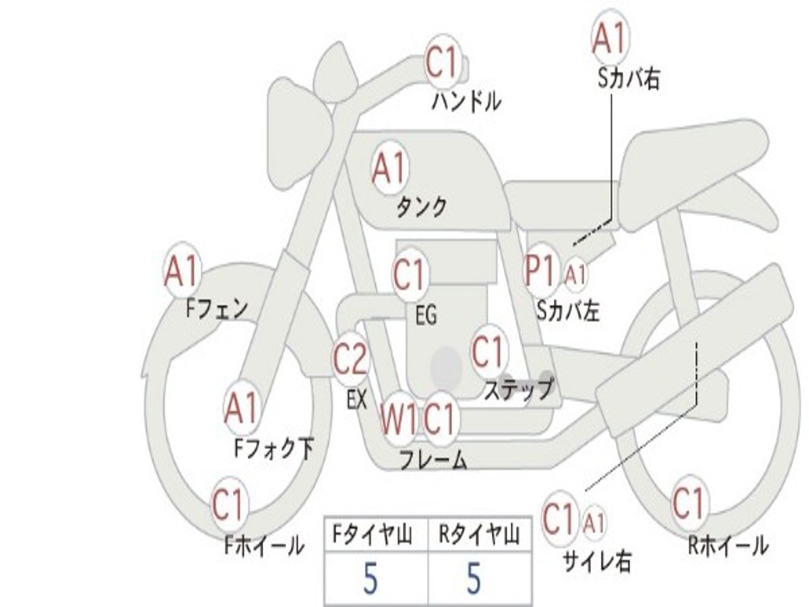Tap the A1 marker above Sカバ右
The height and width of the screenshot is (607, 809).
pyautogui.click(x=611, y=38)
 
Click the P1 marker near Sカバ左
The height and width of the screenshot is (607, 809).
pyautogui.click(x=540, y=270)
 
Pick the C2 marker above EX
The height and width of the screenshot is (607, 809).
pyautogui.click(x=351, y=358)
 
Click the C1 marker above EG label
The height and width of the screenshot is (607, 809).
pyautogui.click(x=410, y=274)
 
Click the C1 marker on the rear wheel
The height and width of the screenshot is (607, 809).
pyautogui.click(x=689, y=503)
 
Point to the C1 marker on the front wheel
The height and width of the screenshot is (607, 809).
pyautogui.click(x=229, y=504)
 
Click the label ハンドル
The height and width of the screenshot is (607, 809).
pyautogui.click(x=466, y=101)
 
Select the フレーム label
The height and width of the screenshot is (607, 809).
pyautogui.click(x=434, y=459)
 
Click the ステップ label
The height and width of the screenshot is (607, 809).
pyautogui.click(x=518, y=389)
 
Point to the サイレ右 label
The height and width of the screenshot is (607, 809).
pyautogui.click(x=597, y=560)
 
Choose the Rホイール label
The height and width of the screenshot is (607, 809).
pyautogui.click(x=728, y=545)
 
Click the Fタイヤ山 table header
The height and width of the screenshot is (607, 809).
pyautogui.click(x=373, y=534)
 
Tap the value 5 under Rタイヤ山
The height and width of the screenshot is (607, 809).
pyautogui.click(x=474, y=578)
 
